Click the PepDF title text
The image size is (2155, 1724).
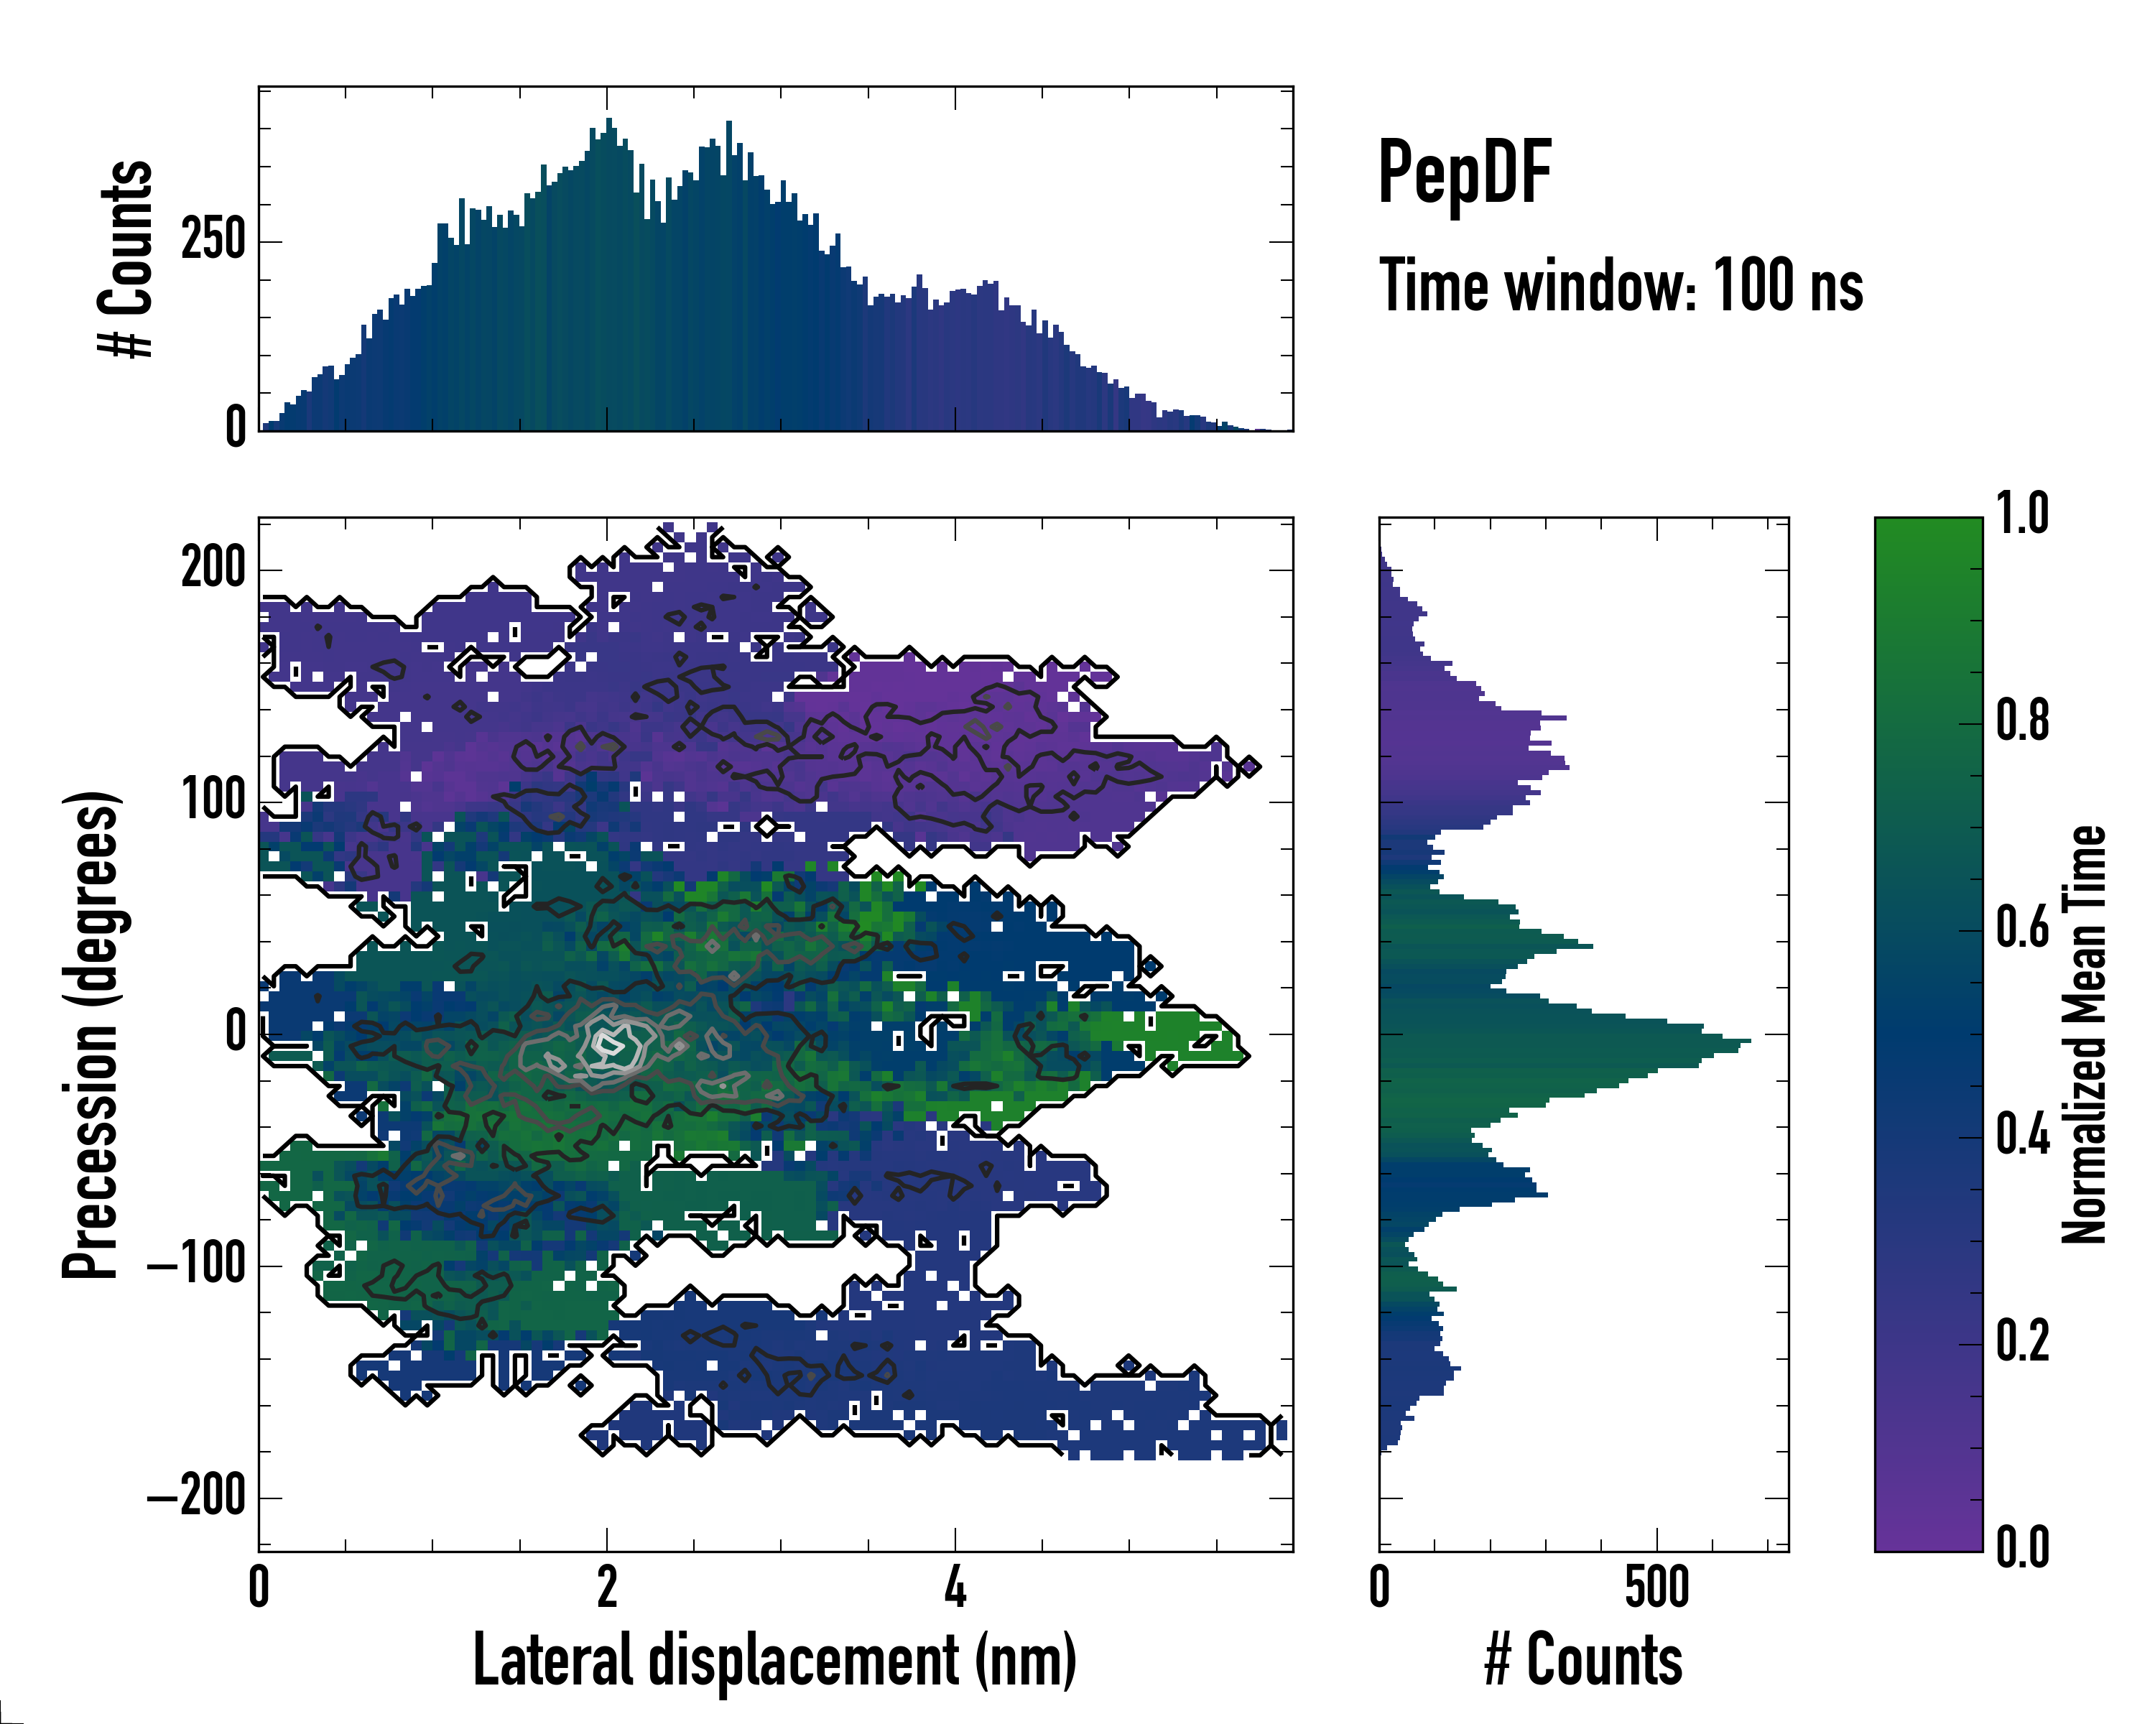point(1464,173)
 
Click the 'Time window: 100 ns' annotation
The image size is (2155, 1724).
point(1621,287)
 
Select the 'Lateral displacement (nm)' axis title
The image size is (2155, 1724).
point(774,1660)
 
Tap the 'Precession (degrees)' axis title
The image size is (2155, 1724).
point(91,1034)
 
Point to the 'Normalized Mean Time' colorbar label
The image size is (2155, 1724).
point(2084,1034)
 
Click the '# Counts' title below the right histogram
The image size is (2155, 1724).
point(1583,1660)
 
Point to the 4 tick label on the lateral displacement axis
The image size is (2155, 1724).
point(955,1588)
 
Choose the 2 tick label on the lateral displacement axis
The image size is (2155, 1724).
point(607,1588)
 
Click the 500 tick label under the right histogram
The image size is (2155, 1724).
point(1656,1588)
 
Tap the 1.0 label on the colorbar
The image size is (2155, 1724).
point(2022,516)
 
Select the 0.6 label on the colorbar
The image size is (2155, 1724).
point(2022,930)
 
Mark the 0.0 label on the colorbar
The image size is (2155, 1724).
point(2022,1548)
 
